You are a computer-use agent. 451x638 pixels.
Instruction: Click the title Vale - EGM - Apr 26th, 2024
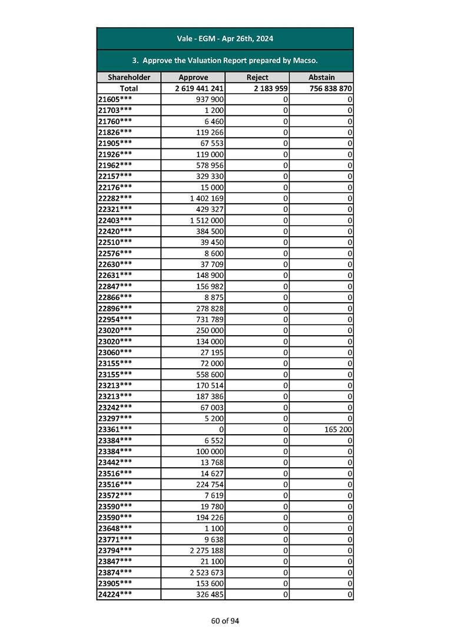click(225, 39)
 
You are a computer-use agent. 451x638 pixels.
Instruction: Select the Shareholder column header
click(129, 77)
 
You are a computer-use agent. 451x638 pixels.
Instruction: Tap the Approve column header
click(193, 77)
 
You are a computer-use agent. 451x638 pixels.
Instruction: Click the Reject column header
click(257, 77)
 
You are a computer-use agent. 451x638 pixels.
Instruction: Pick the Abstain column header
click(321, 77)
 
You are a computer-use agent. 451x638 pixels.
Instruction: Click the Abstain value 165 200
click(338, 429)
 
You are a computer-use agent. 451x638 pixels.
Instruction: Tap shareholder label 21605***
click(115, 99)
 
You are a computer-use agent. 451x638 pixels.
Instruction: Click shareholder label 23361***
click(115, 429)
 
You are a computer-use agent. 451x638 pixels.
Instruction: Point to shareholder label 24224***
click(115, 594)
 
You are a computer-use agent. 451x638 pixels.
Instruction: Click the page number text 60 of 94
click(225, 620)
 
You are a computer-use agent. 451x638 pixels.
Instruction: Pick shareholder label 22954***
click(115, 319)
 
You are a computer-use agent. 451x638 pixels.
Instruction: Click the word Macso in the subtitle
click(305, 61)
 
